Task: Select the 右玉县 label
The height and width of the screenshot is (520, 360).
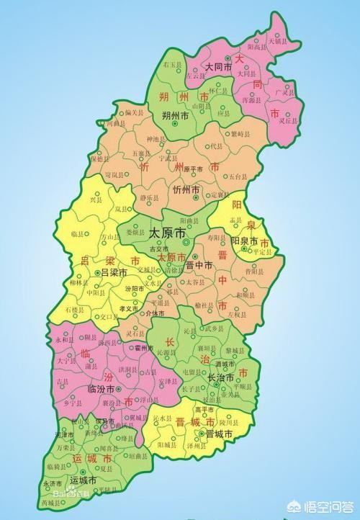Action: point(173,64)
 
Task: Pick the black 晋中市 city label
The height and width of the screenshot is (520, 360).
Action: point(199,265)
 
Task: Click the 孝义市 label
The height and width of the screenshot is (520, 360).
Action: point(129,308)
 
